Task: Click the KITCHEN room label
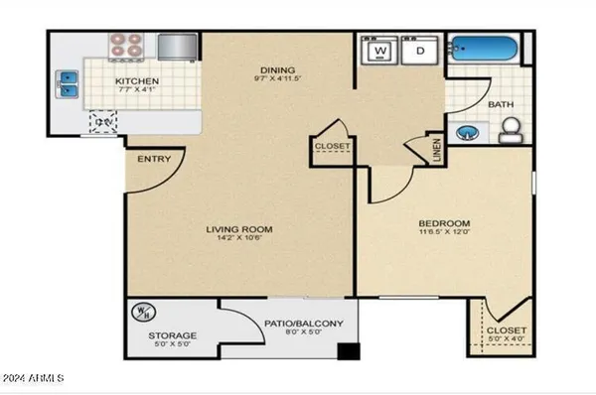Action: pyautogui.click(x=132, y=81)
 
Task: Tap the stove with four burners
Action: pyautogui.click(x=126, y=45)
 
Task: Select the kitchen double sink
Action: pyautogui.click(x=69, y=85)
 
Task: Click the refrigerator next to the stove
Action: pyautogui.click(x=177, y=46)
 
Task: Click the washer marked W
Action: pyautogui.click(x=381, y=51)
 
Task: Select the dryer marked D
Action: pyautogui.click(x=420, y=51)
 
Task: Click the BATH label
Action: pyautogui.click(x=499, y=102)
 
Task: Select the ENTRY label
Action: pyautogui.click(x=154, y=160)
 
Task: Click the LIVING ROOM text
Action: pyautogui.click(x=239, y=229)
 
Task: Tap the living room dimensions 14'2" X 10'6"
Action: pyautogui.click(x=239, y=240)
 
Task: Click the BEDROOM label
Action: pyautogui.click(x=444, y=223)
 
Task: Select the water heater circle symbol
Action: pyautogui.click(x=140, y=315)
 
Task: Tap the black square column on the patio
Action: pyautogui.click(x=347, y=350)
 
